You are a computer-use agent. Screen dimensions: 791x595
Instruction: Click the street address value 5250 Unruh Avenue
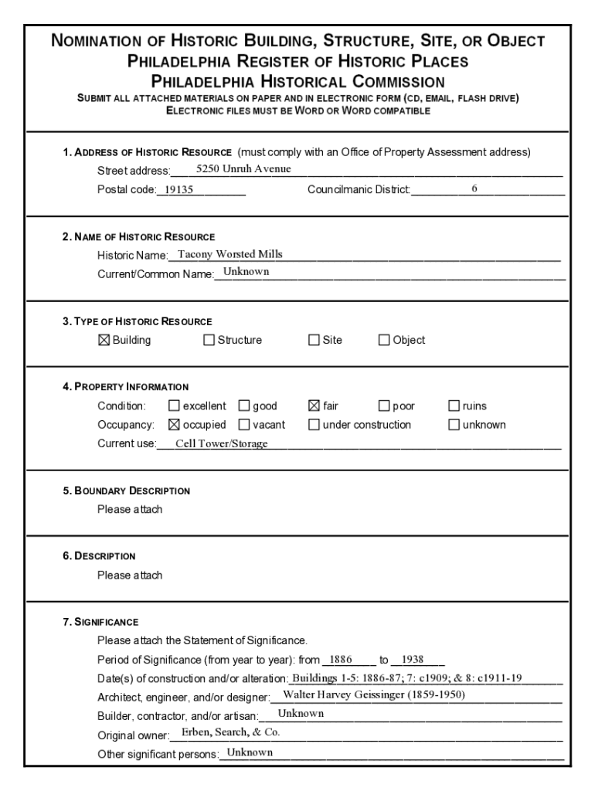coord(243,169)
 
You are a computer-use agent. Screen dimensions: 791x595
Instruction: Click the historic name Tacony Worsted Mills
coord(230,254)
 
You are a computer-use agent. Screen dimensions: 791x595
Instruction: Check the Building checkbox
coord(104,340)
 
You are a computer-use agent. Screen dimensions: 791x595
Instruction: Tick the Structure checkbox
coord(209,340)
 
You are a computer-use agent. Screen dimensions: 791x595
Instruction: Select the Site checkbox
coord(314,340)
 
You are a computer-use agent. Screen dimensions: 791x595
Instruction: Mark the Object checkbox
coord(384,340)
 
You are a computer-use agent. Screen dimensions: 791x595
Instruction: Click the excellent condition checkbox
coord(174,406)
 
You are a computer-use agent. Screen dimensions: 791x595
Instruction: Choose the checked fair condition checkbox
coord(314,406)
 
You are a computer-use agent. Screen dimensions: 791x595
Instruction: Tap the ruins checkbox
coord(454,406)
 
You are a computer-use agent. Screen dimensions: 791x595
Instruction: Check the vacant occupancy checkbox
coord(244,424)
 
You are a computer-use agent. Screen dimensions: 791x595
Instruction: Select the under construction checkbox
coord(314,424)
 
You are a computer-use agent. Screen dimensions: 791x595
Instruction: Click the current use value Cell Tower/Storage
coord(222,443)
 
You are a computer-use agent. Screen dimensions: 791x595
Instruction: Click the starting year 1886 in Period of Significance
coord(341,660)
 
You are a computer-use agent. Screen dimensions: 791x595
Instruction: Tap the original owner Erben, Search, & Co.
coord(230,732)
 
